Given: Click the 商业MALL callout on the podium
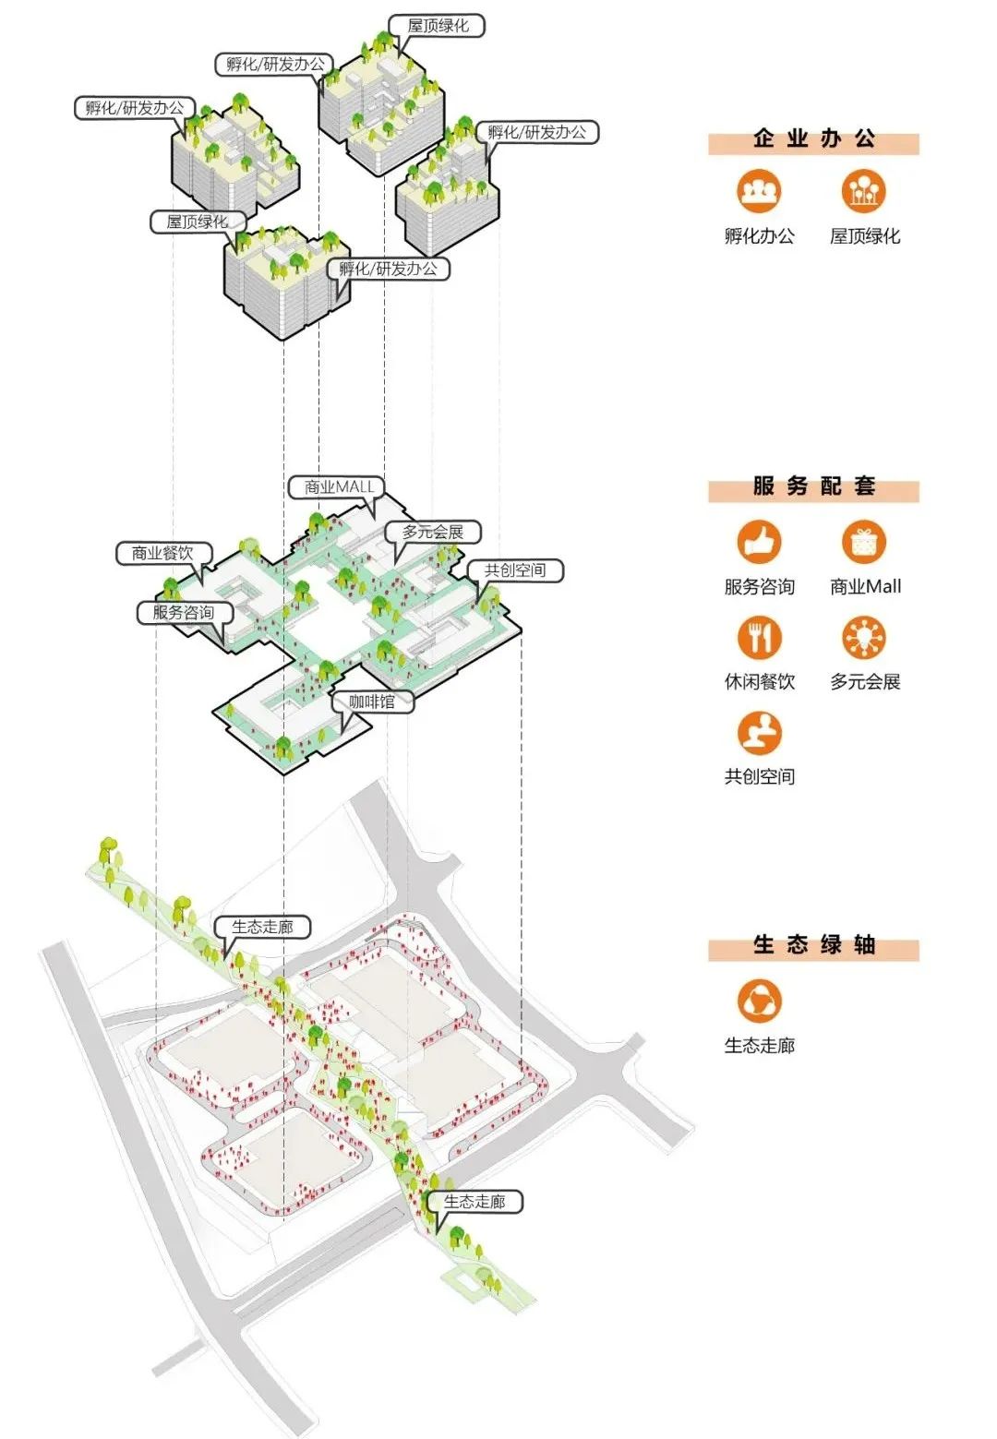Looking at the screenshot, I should tap(339, 486).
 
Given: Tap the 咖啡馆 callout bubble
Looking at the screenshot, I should tap(371, 702).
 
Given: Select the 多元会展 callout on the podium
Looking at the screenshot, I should tap(432, 532).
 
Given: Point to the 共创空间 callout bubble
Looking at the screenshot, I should tap(514, 570).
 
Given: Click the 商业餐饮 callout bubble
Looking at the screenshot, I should tap(162, 553).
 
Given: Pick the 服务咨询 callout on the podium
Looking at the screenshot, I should tap(183, 612).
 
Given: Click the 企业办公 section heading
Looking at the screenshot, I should tap(813, 139).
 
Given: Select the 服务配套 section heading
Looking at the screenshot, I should tap(813, 486).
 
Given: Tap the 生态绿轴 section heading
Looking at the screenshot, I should tap(813, 945).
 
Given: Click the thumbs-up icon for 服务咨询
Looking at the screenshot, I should tap(759, 542).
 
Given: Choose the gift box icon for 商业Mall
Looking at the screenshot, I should tap(863, 542).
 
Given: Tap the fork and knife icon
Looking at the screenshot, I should tap(759, 637).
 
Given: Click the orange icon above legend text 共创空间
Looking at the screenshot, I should tap(759, 733).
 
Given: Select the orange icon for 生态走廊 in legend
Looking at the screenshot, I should tap(759, 1001).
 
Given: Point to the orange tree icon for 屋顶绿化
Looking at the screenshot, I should tap(863, 191).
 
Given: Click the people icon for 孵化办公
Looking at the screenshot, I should tap(759, 191).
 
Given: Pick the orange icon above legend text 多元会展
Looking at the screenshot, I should tap(863, 637).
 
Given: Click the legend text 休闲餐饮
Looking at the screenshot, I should tap(759, 682).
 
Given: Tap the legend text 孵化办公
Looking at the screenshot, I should tap(759, 236).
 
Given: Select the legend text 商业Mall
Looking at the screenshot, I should tap(865, 586).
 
